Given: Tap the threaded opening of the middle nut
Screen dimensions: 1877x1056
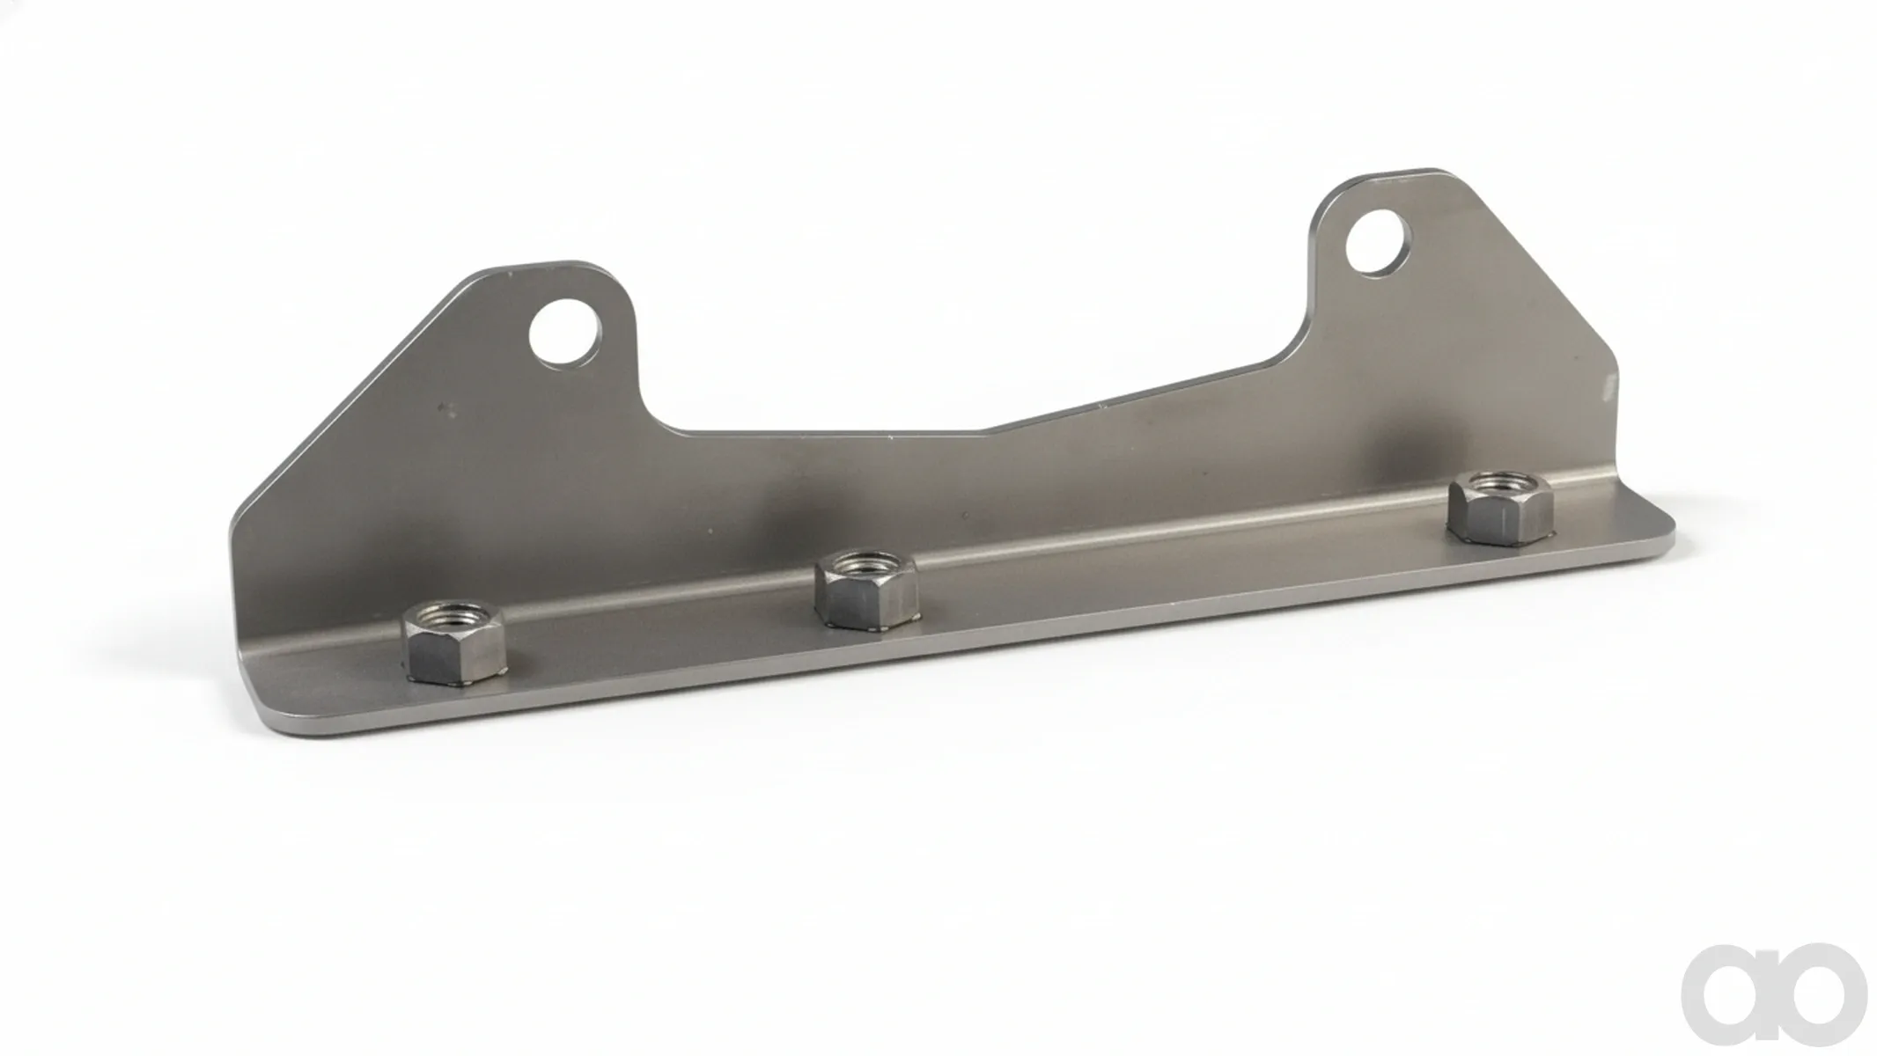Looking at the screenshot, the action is click(x=867, y=561).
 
